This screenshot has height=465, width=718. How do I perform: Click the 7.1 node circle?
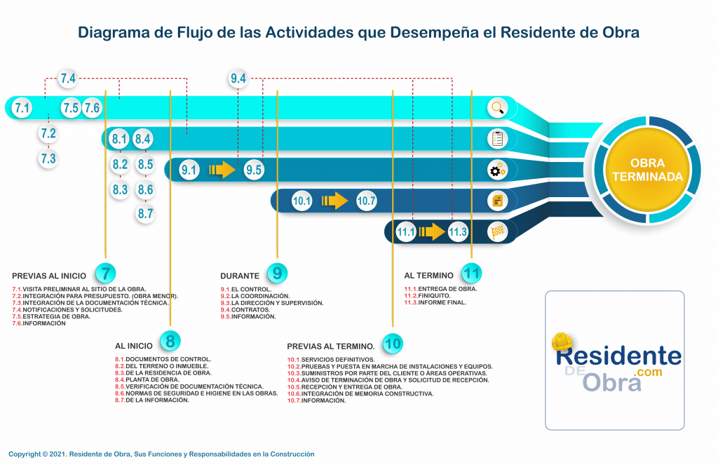coord(22,108)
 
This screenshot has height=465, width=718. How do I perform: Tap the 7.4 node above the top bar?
coord(68,79)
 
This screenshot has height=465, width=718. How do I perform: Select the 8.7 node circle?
coord(145,214)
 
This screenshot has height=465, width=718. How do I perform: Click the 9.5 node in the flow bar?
coord(254,170)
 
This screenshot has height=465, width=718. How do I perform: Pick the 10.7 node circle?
coord(366,201)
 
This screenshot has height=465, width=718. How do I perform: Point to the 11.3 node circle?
coord(458,231)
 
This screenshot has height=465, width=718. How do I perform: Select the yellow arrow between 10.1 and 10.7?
coord(334,201)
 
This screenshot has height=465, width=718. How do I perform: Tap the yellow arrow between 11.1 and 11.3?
coord(432,231)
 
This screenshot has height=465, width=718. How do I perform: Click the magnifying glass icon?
coord(498,107)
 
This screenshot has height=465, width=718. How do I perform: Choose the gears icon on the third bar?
coord(498,170)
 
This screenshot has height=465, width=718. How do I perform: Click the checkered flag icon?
coord(498,231)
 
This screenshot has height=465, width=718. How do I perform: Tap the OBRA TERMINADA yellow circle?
coord(647,170)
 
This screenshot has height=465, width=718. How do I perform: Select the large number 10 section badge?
coord(393,344)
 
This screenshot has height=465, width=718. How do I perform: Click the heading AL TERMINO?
coord(428,275)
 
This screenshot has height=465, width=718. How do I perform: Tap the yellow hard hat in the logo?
coord(563,342)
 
